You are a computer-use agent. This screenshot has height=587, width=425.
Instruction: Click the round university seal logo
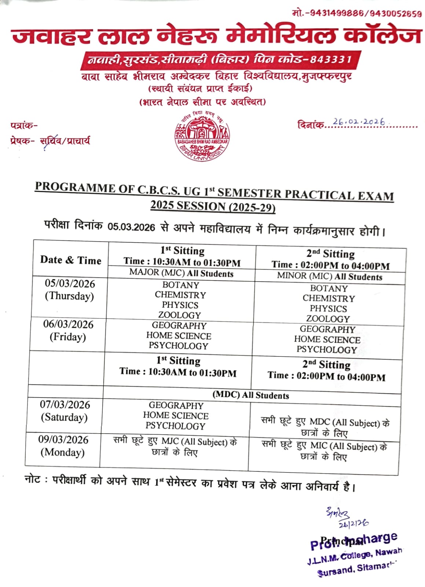[202, 135]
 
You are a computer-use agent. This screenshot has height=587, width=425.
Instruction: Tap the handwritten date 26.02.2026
[359, 122]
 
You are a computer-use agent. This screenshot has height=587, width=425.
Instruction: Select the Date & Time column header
[71, 260]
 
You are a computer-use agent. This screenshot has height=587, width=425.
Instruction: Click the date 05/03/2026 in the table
[70, 284]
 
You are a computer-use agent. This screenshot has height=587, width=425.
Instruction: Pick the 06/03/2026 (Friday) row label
[68, 330]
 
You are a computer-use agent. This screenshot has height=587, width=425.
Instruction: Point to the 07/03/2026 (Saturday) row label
[65, 411]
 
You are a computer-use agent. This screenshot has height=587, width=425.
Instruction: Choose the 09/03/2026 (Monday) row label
[63, 446]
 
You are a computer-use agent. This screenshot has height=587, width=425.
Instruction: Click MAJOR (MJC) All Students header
[181, 273]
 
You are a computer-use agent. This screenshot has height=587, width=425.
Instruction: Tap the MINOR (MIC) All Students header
[329, 276]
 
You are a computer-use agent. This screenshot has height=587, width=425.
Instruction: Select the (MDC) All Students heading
[251, 395]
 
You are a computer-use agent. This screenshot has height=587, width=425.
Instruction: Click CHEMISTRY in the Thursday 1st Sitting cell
[180, 295]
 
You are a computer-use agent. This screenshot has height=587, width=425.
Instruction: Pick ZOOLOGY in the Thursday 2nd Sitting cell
[328, 319]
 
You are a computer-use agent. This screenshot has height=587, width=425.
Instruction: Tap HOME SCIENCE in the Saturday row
[176, 416]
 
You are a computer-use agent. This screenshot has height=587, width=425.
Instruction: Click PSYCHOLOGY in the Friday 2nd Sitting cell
[327, 349]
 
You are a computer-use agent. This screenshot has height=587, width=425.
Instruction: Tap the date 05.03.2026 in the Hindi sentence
[131, 227]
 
